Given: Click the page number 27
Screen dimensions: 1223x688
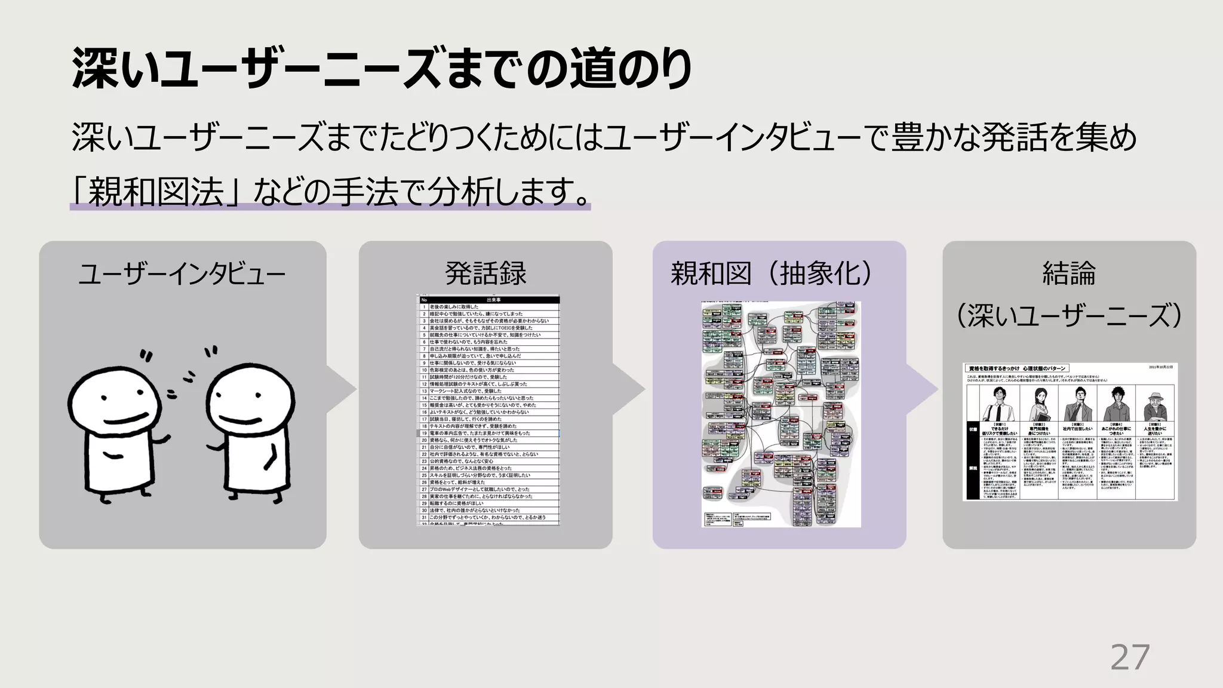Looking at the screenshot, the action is click(x=1130, y=658).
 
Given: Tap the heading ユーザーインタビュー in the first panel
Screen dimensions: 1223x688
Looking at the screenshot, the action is click(x=182, y=274).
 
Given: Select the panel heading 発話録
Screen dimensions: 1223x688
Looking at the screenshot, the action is click(x=485, y=274).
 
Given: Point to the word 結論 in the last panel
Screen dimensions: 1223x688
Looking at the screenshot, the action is click(x=1069, y=274).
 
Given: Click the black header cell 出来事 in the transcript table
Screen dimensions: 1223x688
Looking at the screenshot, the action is click(x=493, y=300).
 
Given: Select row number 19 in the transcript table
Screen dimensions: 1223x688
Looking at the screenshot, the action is click(x=424, y=433).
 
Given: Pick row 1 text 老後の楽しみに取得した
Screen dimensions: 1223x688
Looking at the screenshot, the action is click(x=454, y=307).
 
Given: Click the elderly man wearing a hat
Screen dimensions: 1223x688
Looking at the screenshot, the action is click(x=1155, y=407).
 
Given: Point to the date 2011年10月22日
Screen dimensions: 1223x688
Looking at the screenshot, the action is click(x=1160, y=367).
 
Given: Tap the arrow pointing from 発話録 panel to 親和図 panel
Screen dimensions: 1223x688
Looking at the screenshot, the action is click(x=630, y=389).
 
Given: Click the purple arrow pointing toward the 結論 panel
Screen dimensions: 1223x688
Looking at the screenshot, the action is click(x=923, y=389).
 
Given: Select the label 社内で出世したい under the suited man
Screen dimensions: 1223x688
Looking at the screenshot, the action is click(x=1077, y=429).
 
